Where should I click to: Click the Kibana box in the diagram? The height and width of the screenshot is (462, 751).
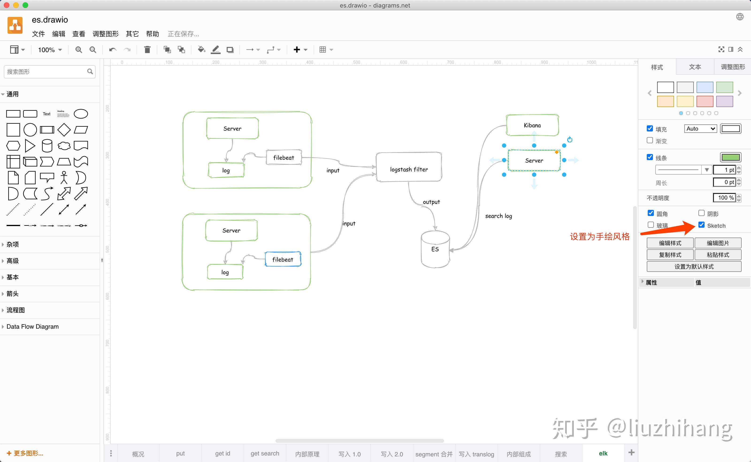pyautogui.click(x=532, y=125)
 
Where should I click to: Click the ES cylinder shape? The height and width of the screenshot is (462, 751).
pyautogui.click(x=435, y=249)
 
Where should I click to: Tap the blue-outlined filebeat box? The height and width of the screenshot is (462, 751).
pyautogui.click(x=283, y=259)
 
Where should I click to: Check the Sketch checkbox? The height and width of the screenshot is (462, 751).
pyautogui.click(x=701, y=225)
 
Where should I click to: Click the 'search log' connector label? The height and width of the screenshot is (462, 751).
pyautogui.click(x=498, y=216)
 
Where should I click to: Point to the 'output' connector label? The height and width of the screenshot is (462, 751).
pyautogui.click(x=431, y=202)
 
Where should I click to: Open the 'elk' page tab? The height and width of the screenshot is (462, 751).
pyautogui.click(x=603, y=454)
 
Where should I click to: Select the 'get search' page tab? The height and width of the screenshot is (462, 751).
pyautogui.click(x=265, y=454)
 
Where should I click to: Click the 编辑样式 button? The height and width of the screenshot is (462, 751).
pyautogui.click(x=670, y=243)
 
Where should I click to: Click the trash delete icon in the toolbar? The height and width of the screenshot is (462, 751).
pyautogui.click(x=147, y=50)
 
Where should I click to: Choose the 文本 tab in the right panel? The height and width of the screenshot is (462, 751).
pyautogui.click(x=695, y=67)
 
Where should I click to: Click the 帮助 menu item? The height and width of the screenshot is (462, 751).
pyautogui.click(x=152, y=34)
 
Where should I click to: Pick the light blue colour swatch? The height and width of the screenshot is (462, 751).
pyautogui.click(x=705, y=87)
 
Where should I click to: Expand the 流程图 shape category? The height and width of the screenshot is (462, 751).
pyautogui.click(x=15, y=310)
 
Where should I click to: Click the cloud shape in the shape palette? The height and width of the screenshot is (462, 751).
pyautogui.click(x=64, y=146)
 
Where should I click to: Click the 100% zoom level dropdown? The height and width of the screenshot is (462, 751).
pyautogui.click(x=50, y=50)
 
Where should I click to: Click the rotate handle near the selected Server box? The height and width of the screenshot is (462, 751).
pyautogui.click(x=570, y=140)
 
